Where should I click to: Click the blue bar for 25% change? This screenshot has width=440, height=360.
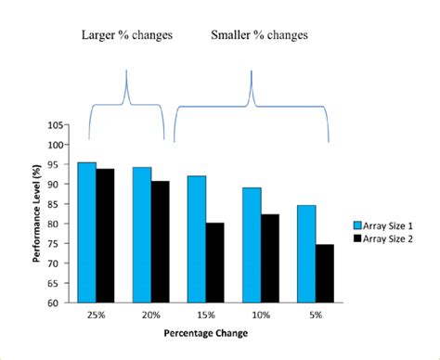click(x=86, y=232)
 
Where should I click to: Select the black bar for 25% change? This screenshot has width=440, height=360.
click(x=104, y=236)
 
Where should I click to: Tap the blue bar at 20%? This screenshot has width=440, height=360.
click(x=142, y=234)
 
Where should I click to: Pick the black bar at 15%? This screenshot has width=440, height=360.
click(x=214, y=262)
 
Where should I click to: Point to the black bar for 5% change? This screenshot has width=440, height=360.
click(x=324, y=273)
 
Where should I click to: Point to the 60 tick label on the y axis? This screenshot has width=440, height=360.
click(x=57, y=302)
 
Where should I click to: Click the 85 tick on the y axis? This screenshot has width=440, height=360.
click(x=57, y=204)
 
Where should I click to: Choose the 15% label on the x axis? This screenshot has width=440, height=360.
click(x=205, y=315)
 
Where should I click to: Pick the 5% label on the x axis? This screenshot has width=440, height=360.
click(x=315, y=315)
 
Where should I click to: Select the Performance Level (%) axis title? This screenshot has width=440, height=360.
click(x=36, y=214)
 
